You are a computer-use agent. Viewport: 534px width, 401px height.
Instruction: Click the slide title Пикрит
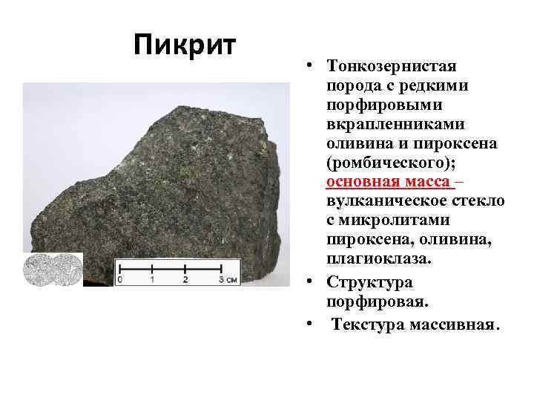pyautogui.click(x=185, y=45)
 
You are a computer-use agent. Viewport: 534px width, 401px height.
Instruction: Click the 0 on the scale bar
pyautogui.click(x=120, y=280)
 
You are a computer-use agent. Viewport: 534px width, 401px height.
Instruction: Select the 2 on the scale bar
pyautogui.click(x=185, y=280)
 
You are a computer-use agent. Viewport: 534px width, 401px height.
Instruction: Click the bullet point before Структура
pyautogui.click(x=306, y=283)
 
